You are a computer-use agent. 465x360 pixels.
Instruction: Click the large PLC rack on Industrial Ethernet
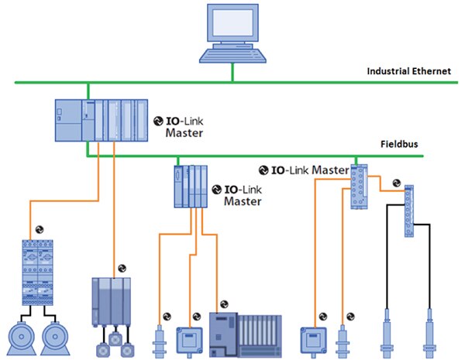tap(102, 121)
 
